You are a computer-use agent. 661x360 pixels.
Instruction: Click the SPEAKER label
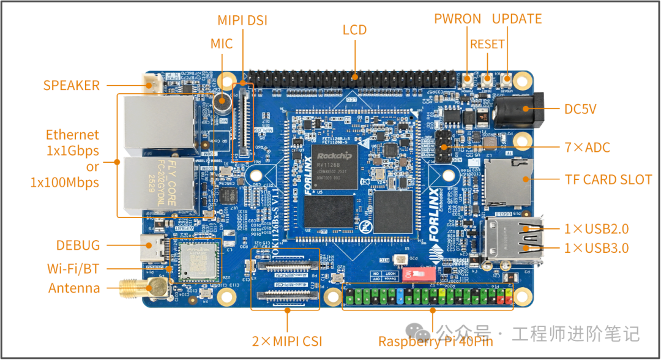pos(71,85)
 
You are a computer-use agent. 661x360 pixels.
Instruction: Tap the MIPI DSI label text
pos(242,21)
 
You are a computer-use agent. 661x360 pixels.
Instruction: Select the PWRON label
pos(457,19)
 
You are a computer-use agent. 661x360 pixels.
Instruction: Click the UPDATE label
pos(517,19)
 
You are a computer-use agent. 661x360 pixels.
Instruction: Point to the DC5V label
pos(580,110)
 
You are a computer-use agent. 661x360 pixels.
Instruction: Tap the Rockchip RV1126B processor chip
pos(334,165)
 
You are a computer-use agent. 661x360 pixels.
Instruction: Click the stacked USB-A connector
pos(509,241)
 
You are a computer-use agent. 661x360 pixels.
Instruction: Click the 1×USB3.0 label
pos(596,248)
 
